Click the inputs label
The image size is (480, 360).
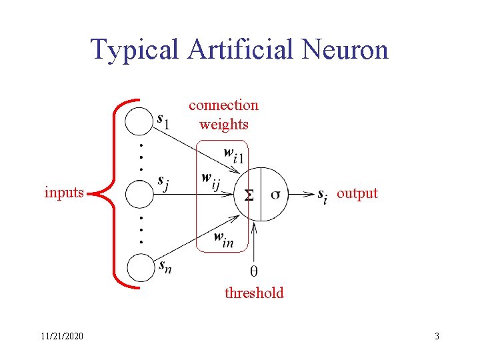click(x=64, y=193)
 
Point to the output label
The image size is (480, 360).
click(x=357, y=193)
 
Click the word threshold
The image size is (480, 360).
click(x=254, y=293)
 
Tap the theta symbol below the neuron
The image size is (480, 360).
click(x=254, y=271)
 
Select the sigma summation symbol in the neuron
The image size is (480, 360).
click(x=248, y=195)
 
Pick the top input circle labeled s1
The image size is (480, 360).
click(x=140, y=121)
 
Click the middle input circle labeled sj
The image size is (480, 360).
click(x=140, y=194)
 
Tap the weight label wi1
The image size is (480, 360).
click(x=233, y=156)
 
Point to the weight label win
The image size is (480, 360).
click(x=224, y=239)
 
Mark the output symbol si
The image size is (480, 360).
click(x=323, y=195)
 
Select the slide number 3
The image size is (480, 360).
click(x=437, y=337)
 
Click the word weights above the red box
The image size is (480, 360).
click(x=224, y=124)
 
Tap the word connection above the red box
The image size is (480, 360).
click(x=223, y=105)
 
